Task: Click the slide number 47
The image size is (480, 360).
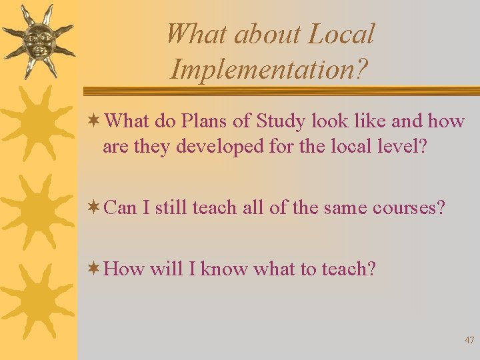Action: click(x=469, y=340)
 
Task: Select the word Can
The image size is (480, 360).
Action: click(x=121, y=208)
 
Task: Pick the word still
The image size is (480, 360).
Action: click(x=175, y=208)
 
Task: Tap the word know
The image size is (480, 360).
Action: click(x=225, y=269)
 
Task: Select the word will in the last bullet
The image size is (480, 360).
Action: click(x=163, y=269)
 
